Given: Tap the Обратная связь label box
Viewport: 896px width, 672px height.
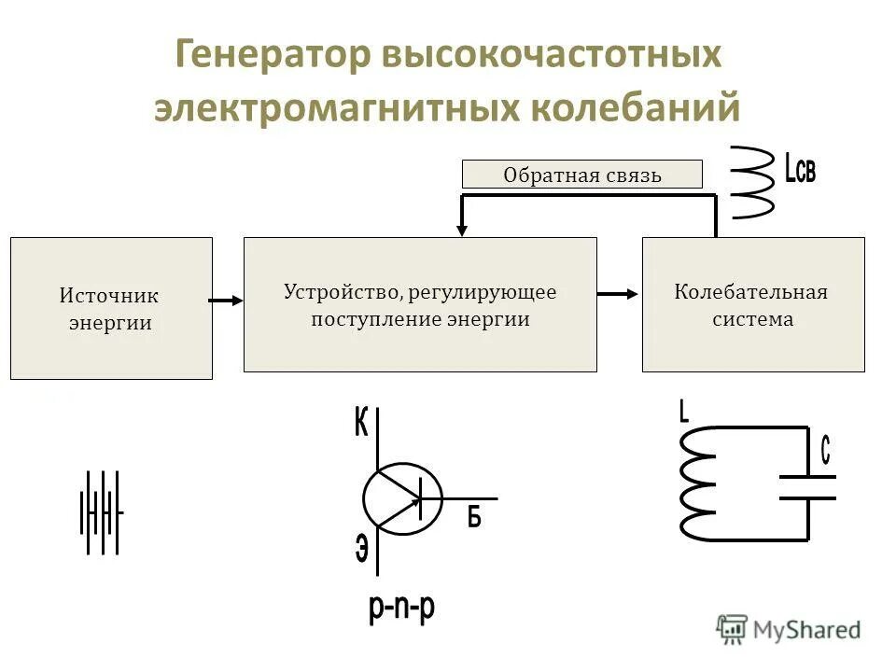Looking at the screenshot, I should pos(581,175).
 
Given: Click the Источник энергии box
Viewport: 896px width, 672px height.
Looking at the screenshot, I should pos(111,308).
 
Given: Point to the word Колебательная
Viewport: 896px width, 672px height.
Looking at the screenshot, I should pos(751,292).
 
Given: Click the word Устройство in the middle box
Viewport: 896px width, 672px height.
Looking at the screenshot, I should pos(341,292).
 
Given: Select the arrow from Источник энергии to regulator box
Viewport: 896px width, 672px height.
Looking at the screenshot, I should pos(227,301).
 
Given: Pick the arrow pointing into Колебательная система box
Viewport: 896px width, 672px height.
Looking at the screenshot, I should pos(619,295).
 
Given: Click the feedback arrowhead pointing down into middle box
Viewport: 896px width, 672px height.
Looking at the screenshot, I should pos(461,228).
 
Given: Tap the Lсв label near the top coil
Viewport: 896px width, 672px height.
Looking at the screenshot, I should pos(800,170).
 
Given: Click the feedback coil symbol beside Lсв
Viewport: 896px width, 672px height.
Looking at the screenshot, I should pos(751,182).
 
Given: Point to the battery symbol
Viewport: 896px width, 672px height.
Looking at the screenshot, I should pos(102,512).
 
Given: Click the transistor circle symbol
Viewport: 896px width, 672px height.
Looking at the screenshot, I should pos(401,499).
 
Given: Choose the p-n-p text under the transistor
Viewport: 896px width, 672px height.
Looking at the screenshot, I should pos(401,609).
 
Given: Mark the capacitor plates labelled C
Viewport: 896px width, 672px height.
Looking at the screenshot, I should pos(807,487).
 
